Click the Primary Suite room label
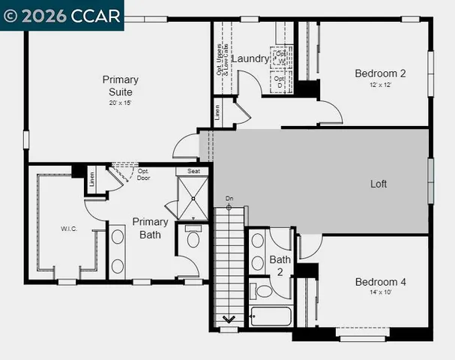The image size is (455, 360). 120,85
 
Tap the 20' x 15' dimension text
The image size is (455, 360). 120,103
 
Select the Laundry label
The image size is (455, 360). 250,58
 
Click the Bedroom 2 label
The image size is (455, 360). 380,73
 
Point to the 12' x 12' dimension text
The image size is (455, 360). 380,85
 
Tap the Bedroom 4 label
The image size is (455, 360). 380,282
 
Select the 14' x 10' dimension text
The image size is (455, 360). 380,292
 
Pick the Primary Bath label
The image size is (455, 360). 150,228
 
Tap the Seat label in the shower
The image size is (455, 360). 193,171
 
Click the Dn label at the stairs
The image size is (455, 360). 229,199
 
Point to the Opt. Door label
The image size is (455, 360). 144,175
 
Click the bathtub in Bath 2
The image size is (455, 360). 270,316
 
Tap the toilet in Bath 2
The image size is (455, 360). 262,290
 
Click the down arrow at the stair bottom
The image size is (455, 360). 229,319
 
